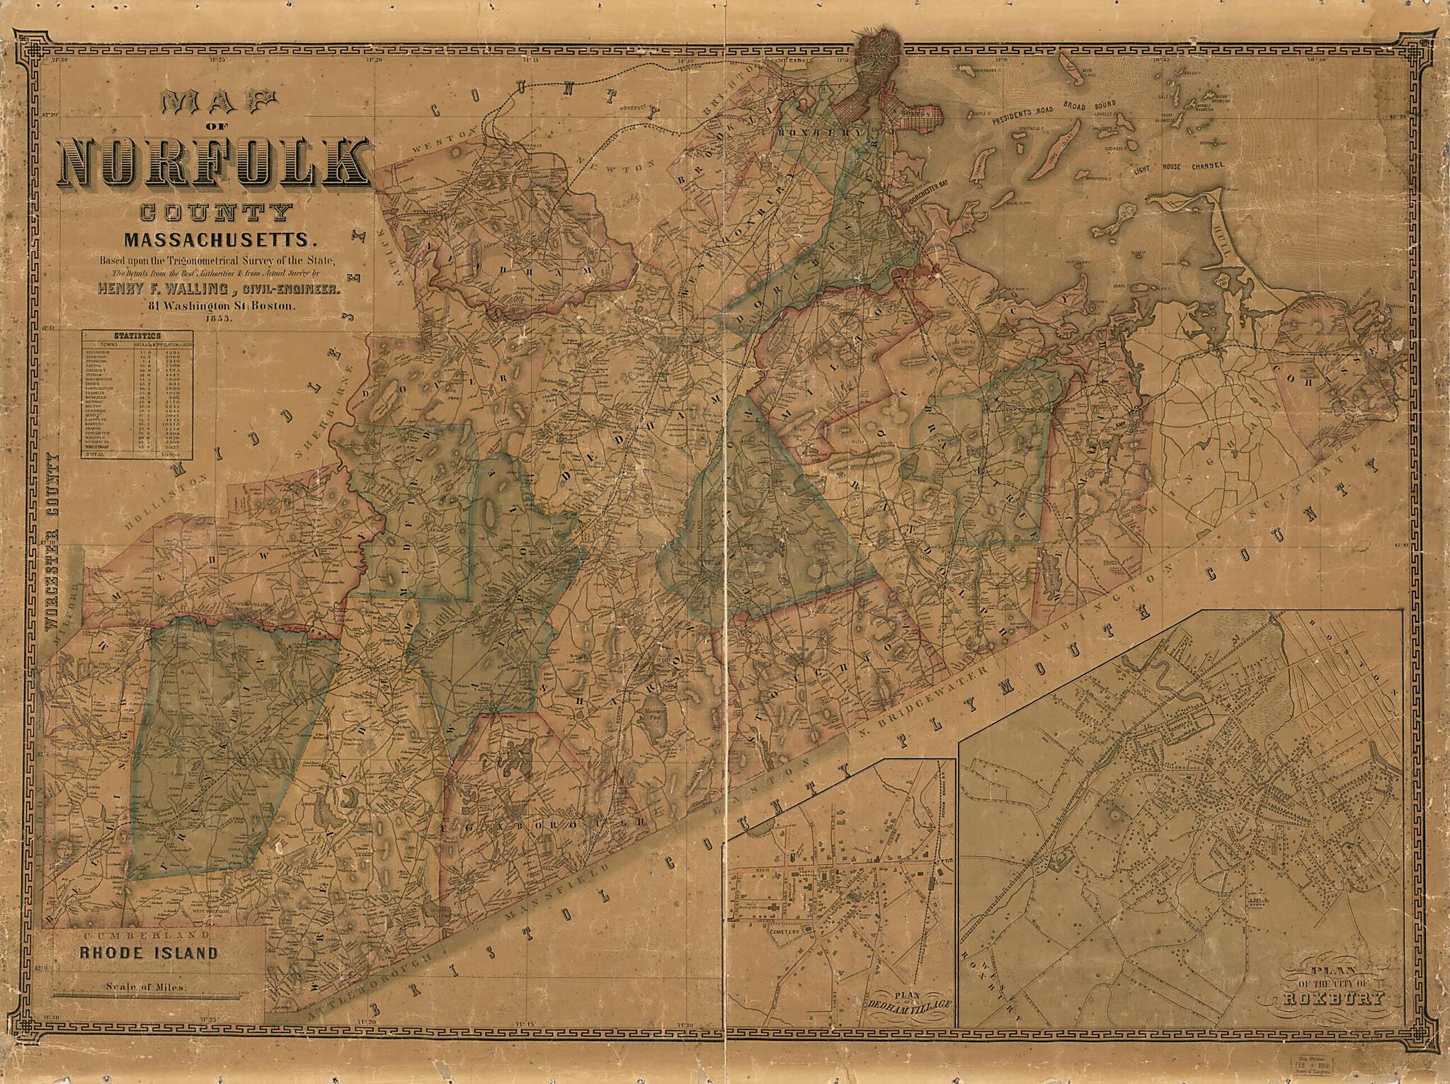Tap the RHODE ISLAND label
pos(148,953)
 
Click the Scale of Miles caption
pos(146,986)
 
